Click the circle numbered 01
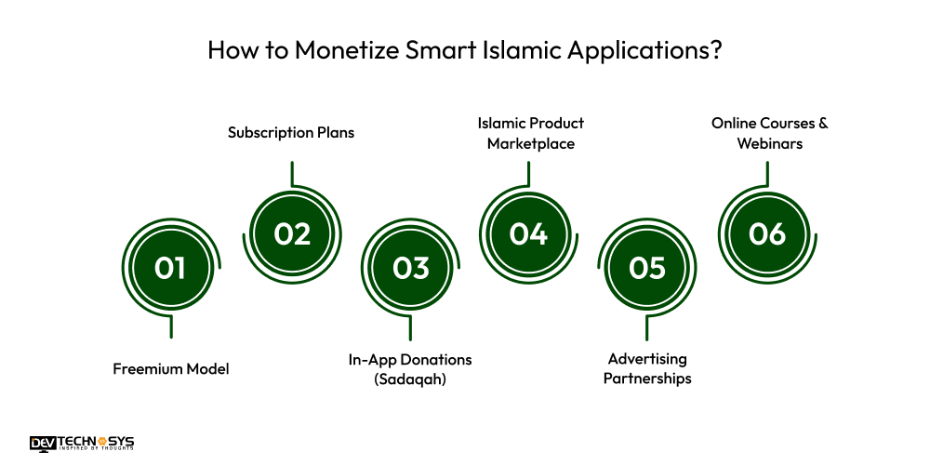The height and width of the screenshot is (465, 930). [171, 268]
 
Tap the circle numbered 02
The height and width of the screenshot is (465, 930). [291, 233]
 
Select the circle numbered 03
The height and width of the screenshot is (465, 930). [410, 268]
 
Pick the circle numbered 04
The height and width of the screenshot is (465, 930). [528, 233]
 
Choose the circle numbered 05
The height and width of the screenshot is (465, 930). [647, 268]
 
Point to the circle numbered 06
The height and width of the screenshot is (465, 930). [767, 233]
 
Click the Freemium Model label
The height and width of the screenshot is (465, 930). [171, 369]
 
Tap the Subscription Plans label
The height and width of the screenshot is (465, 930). [291, 133]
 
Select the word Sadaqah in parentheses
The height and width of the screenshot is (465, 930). [410, 379]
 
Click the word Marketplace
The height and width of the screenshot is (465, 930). [529, 144]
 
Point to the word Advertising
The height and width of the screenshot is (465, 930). [647, 359]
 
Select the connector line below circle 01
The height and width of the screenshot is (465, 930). [171, 326]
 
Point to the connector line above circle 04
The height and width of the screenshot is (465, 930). [528, 174]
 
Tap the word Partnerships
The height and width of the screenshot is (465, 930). [647, 379]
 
